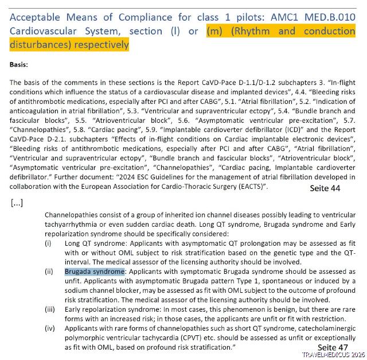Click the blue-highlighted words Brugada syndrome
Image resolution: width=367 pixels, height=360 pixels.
coord(95,271)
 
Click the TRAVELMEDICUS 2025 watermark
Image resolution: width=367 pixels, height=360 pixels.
coord(332,355)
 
